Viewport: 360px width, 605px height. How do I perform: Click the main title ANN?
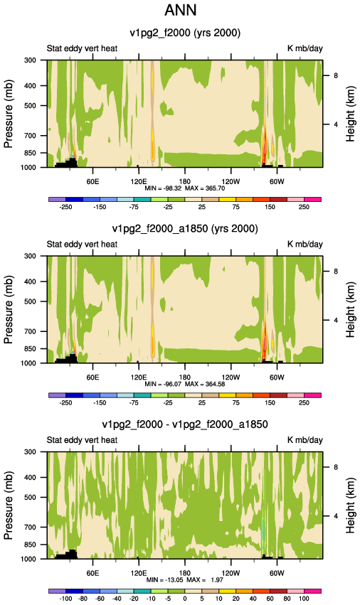181,10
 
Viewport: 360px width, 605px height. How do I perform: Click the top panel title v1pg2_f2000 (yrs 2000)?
185,33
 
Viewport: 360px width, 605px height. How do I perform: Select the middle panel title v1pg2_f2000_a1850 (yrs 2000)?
185,229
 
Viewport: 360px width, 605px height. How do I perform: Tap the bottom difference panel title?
185,424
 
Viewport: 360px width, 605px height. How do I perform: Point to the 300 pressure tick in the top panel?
31,60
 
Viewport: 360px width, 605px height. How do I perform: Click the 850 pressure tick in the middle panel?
31,349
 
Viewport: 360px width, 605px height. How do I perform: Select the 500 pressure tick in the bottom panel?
31,498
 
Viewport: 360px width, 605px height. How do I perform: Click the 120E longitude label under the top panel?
139,182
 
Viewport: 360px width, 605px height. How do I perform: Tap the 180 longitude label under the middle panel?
185,378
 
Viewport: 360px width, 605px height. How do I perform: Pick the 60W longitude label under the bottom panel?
277,573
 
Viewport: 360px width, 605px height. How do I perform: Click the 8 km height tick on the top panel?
336,75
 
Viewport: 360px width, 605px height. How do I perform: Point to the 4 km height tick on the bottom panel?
336,516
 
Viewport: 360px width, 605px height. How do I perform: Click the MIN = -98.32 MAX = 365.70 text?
185,188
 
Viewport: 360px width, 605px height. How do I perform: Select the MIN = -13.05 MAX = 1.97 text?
185,580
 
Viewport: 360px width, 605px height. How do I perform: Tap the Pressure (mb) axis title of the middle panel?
9,309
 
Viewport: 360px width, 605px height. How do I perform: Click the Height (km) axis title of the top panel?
350,115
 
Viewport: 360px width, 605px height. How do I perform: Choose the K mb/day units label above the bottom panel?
305,440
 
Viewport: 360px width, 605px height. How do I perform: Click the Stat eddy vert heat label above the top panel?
82,48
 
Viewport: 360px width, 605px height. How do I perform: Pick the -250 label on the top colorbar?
65,207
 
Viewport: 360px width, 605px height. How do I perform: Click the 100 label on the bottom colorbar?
304,599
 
